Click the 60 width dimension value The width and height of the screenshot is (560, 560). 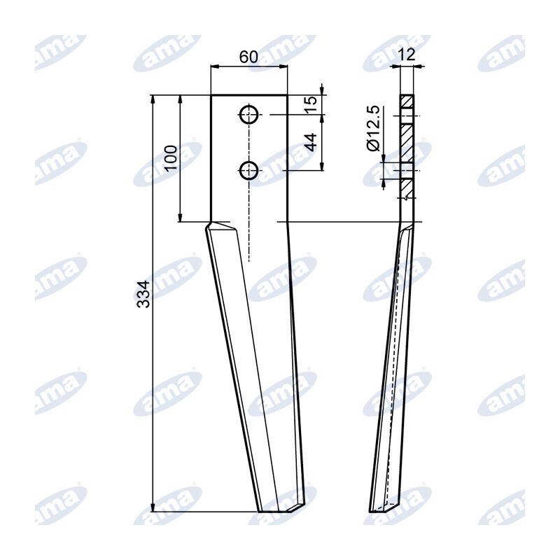248,57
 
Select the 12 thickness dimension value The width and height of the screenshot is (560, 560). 407,55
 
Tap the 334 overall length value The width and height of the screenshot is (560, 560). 144,294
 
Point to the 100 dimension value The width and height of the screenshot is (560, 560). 171,158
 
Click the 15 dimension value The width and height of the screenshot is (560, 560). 311,105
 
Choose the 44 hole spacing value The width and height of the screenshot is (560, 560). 311,142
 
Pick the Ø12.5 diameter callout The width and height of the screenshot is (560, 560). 374,128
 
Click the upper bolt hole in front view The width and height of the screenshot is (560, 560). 248,115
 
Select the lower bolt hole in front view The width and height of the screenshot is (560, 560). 248,170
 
